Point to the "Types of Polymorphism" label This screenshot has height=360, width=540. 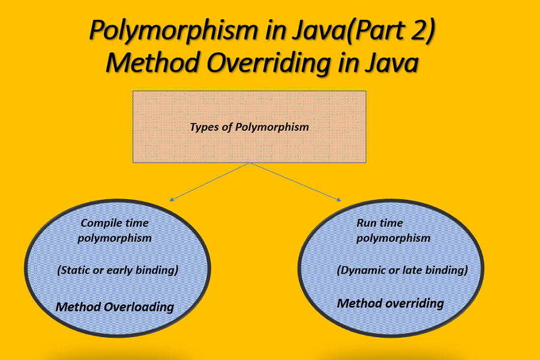[249, 127]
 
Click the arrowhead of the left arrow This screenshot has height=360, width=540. [172, 199]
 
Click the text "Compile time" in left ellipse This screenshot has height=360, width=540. [115, 223]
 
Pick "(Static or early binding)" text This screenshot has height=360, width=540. [118, 270]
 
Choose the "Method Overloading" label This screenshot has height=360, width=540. [115, 307]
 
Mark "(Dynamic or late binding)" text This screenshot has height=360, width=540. [402, 270]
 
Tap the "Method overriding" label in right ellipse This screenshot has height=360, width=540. [390, 303]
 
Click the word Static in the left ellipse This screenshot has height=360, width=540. [76, 270]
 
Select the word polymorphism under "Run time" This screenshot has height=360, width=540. [393, 238]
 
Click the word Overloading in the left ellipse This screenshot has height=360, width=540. [139, 307]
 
